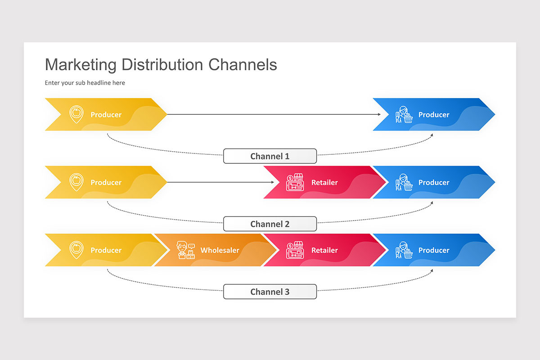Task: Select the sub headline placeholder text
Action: pos(85,83)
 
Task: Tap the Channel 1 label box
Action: pos(270,156)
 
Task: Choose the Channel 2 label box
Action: pos(270,224)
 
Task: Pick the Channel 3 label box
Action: pos(270,292)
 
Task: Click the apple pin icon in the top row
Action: pos(76,114)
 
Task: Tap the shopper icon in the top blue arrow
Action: pos(404,115)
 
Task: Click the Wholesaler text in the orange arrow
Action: pos(220,250)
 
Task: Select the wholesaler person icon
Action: pos(185,250)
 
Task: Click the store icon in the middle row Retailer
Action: pos(295,182)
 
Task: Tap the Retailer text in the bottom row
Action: pos(324,250)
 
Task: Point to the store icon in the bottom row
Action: pos(295,250)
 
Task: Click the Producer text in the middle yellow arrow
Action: pos(106,182)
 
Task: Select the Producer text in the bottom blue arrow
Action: pos(434,250)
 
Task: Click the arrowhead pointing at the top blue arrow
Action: pos(379,114)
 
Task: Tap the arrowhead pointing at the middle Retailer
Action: pos(272,182)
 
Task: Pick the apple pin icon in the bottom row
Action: pos(76,250)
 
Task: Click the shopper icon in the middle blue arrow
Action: pos(404,182)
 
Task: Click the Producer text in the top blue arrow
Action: pos(434,115)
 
